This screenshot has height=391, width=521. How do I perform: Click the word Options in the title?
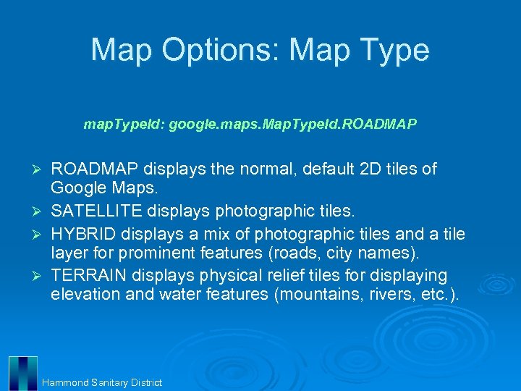(221, 51)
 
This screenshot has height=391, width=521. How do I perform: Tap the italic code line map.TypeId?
(250, 125)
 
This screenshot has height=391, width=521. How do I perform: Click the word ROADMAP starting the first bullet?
(94, 169)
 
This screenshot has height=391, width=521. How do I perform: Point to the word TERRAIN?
(87, 276)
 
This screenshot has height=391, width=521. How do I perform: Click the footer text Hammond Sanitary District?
(102, 382)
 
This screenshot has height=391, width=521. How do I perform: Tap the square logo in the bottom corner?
(23, 372)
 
